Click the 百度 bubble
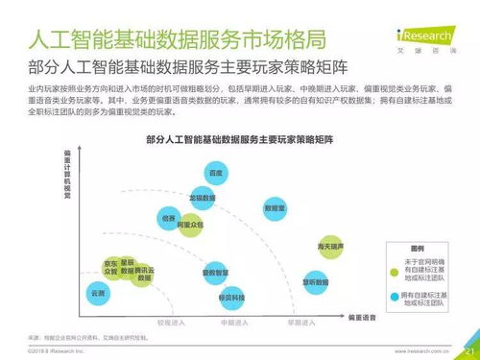pos(217,175)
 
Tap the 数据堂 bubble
pos(275,208)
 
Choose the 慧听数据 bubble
pos(317,281)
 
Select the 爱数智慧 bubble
pos(214,273)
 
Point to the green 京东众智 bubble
pos(110,269)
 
